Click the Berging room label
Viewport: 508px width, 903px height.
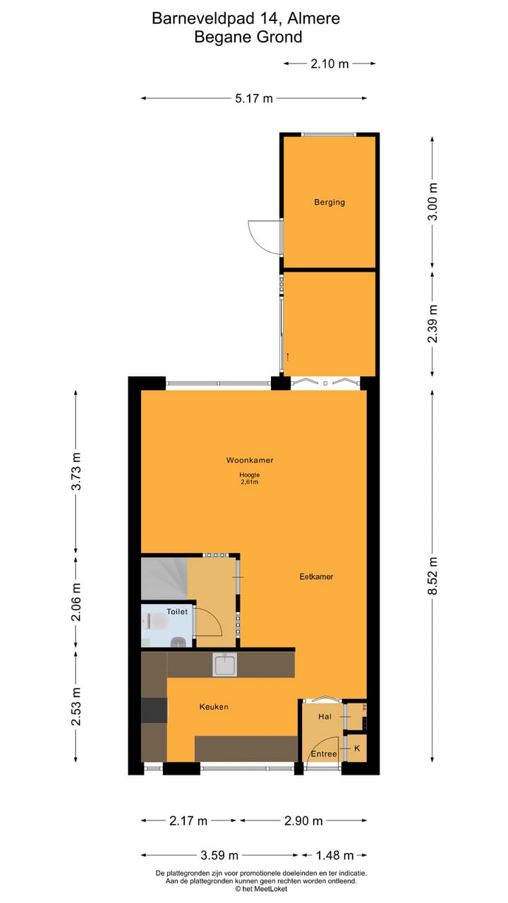tap(329, 202)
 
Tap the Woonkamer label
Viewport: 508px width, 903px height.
tap(250, 460)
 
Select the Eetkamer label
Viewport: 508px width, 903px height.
tap(316, 576)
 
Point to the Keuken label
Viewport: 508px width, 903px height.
tap(214, 706)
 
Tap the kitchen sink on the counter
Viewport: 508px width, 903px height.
tap(225, 664)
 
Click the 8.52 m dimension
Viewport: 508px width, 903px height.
tap(433, 576)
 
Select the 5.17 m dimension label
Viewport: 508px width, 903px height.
tap(254, 99)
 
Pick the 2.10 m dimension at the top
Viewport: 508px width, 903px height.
tap(329, 63)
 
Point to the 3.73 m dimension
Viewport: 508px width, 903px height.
tap(77, 471)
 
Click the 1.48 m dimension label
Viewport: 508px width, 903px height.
tap(335, 856)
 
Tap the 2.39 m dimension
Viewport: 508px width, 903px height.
tap(433, 324)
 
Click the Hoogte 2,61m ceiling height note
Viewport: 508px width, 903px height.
tap(250, 478)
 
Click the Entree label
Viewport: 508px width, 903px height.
tap(324, 753)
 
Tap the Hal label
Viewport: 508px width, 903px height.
tap(325, 717)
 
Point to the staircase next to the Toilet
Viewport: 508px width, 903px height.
tap(164, 576)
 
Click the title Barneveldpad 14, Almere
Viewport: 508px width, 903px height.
tap(246, 18)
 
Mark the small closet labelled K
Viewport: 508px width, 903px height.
tap(356, 748)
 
